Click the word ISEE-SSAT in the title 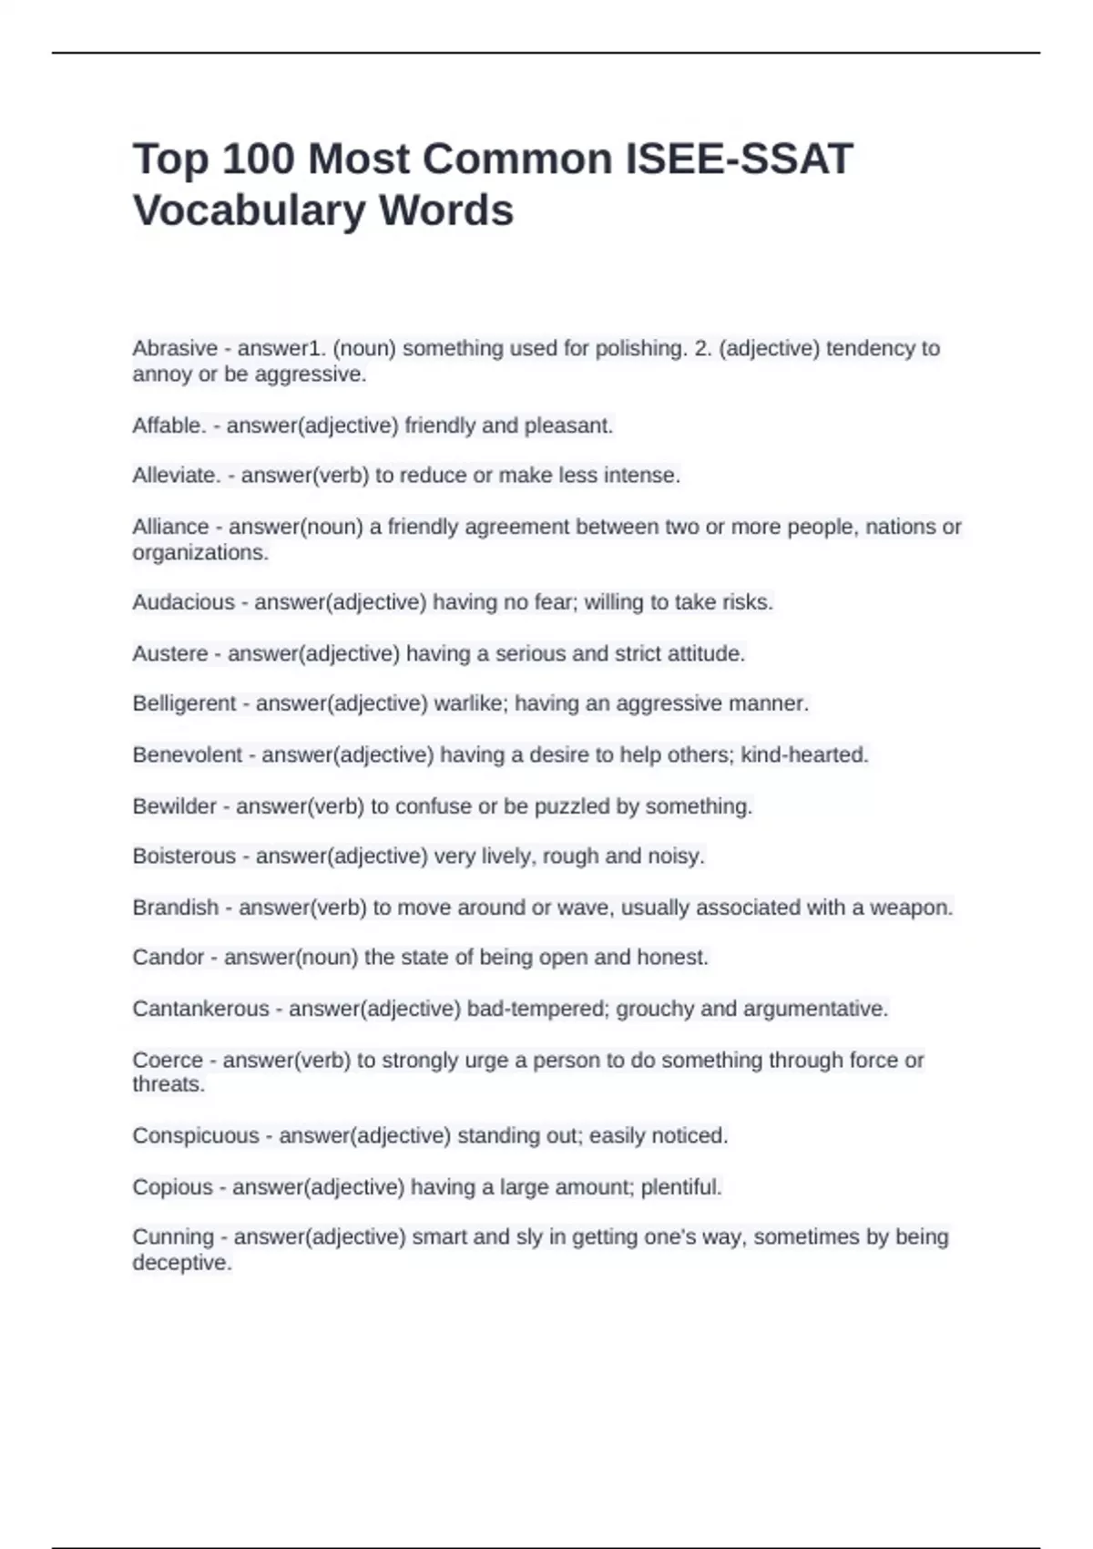[x=739, y=159]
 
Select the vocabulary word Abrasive [x=175, y=348]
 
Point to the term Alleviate [x=175, y=476]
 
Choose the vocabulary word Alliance [x=170, y=527]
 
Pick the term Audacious [x=183, y=602]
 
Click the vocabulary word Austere [x=170, y=653]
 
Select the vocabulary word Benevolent [x=188, y=754]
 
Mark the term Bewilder [x=175, y=806]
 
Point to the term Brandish [x=176, y=908]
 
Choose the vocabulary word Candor [x=169, y=958]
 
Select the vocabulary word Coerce [x=168, y=1060]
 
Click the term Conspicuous [x=196, y=1136]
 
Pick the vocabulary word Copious [x=172, y=1187]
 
